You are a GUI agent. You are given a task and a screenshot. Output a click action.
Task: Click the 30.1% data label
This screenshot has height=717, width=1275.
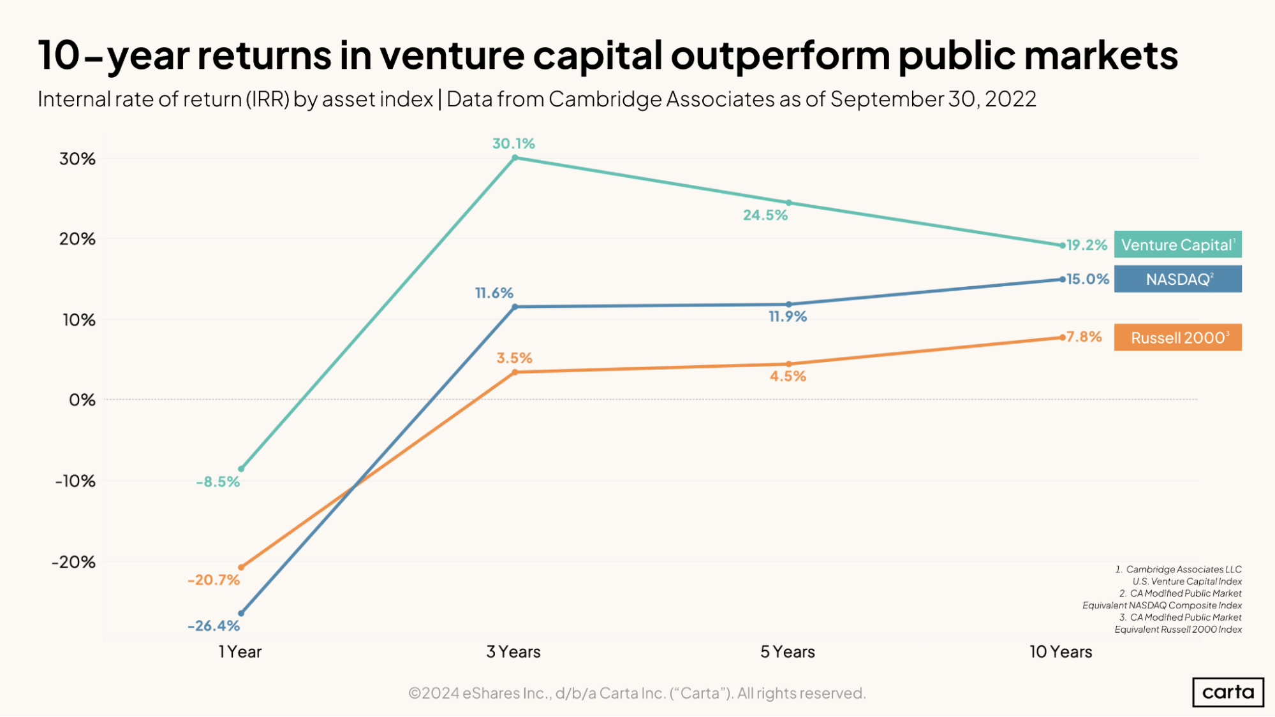pyautogui.click(x=513, y=143)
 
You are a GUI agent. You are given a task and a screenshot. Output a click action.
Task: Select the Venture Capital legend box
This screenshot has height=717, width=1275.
pyautogui.click(x=1177, y=245)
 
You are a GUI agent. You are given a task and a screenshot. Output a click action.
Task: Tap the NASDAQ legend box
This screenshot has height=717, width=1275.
pyautogui.click(x=1177, y=279)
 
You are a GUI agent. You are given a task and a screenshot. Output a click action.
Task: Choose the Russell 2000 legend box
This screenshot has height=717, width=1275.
pyautogui.click(x=1177, y=338)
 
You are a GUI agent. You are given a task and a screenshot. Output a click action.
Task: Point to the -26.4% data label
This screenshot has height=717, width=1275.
pyautogui.click(x=214, y=626)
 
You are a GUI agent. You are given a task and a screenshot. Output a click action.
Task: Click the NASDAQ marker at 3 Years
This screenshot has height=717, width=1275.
pyautogui.click(x=515, y=307)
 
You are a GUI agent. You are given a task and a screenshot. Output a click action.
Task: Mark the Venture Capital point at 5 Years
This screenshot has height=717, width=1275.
pyautogui.click(x=789, y=203)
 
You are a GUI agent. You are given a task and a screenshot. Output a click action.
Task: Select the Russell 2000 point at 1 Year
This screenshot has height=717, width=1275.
pyautogui.click(x=241, y=567)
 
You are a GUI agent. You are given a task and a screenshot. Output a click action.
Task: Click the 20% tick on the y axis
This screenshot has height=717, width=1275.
pyautogui.click(x=77, y=239)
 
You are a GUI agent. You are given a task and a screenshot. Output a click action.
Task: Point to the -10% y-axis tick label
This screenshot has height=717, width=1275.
pyautogui.click(x=75, y=481)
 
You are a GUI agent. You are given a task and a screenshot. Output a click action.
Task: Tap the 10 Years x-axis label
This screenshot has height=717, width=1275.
pyautogui.click(x=1061, y=652)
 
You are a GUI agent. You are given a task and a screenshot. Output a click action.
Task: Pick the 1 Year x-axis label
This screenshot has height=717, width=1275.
pyautogui.click(x=240, y=652)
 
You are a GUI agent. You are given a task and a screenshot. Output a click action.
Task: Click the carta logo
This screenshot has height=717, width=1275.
pyautogui.click(x=1228, y=692)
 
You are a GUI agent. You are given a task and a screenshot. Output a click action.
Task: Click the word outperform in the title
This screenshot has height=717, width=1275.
pyautogui.click(x=780, y=55)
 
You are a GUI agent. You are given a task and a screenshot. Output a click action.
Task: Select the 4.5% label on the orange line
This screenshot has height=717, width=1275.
pyautogui.click(x=788, y=377)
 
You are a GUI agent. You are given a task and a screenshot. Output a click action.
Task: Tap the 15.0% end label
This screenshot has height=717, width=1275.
pyautogui.click(x=1088, y=279)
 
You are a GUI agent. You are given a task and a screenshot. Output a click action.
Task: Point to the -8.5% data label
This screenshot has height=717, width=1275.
pyautogui.click(x=217, y=482)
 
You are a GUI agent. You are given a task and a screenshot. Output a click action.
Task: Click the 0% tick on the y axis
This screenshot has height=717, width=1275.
pyautogui.click(x=82, y=400)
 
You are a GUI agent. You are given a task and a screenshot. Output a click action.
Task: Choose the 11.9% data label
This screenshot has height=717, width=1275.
pyautogui.click(x=788, y=317)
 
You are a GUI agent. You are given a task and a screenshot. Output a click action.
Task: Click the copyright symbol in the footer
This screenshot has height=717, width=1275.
pyautogui.click(x=415, y=693)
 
